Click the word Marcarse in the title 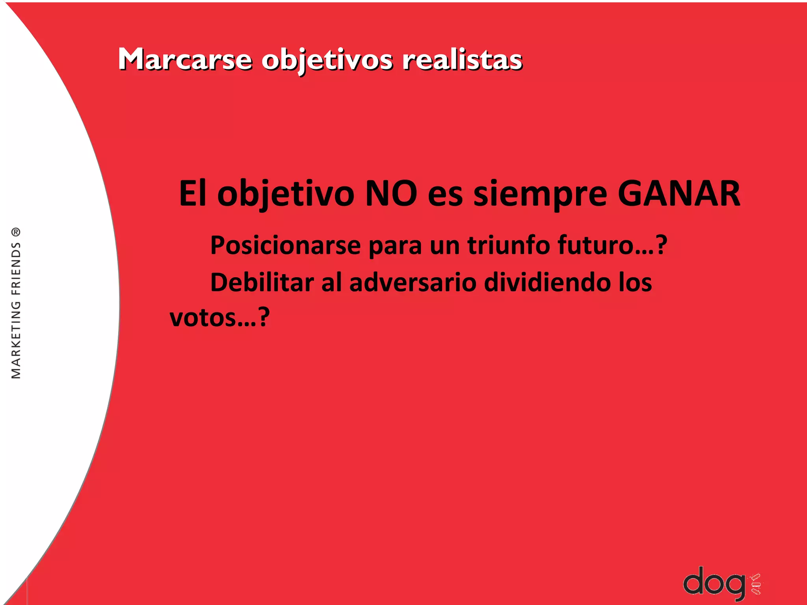coord(185,60)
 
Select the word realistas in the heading coord(462,60)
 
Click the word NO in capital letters coord(391,193)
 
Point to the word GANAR coord(679,193)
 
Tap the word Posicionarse coord(286,245)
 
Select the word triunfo coord(509,245)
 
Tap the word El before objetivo coord(193,193)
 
